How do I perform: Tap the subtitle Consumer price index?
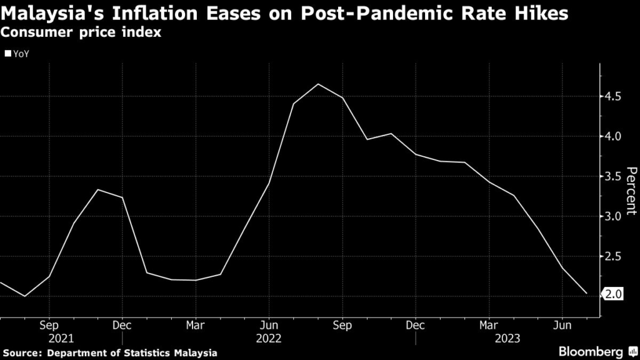point(81,33)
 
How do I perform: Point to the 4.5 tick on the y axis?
point(612,96)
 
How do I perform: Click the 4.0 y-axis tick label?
point(612,136)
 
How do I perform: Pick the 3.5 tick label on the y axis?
point(612,176)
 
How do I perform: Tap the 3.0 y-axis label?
point(612,216)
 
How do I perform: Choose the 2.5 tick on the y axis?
point(612,256)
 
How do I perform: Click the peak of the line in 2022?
point(318,84)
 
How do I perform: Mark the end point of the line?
point(586,294)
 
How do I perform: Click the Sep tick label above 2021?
point(49,326)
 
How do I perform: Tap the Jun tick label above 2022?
point(269,326)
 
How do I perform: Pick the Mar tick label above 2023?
point(489,326)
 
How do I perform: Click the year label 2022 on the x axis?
point(269,338)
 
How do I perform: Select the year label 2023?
point(489,338)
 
